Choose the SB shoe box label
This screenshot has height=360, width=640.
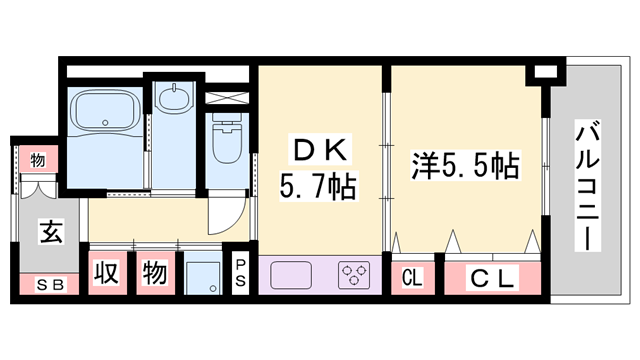pos(48,284)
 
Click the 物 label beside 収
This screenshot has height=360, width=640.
pos(154,272)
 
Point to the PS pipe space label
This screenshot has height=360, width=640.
pos(240,273)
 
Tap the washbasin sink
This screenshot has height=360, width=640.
pos(177,99)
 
